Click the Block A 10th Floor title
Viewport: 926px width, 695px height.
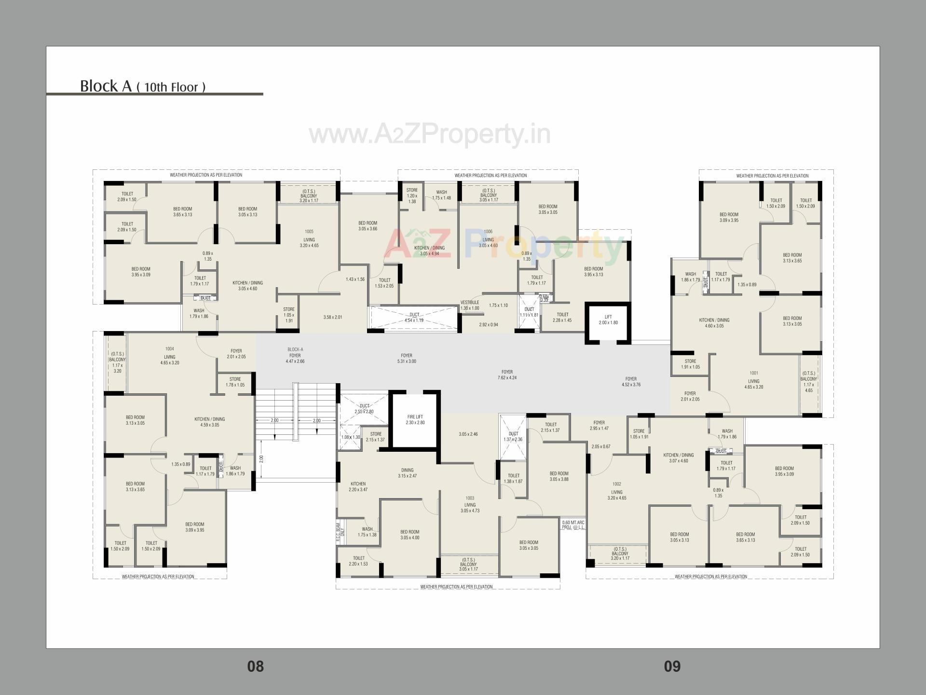[x=143, y=86]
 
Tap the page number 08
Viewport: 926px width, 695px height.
[x=255, y=667]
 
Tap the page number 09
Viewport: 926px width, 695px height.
[x=672, y=667]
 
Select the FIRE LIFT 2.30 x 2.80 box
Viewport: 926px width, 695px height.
[x=415, y=419]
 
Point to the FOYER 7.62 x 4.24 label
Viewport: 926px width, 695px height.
[x=507, y=375]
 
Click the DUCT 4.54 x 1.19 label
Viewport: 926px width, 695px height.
[x=414, y=318]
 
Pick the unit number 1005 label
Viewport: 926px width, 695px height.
[x=309, y=232]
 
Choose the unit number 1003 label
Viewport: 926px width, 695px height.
[x=470, y=498]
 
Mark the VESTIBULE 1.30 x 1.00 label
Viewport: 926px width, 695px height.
[x=470, y=306]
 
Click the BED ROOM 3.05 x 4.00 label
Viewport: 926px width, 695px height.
[x=410, y=535]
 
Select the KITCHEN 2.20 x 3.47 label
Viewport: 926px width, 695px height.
[x=358, y=486]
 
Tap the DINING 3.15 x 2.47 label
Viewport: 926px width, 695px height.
[x=407, y=473]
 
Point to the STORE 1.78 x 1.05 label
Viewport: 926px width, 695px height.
[x=235, y=382]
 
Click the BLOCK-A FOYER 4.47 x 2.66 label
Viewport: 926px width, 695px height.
[x=295, y=355]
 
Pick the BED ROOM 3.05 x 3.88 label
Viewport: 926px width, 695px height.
[x=559, y=476]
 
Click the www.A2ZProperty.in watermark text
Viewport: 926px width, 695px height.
[x=429, y=134]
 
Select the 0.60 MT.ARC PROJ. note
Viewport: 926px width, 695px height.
[x=573, y=525]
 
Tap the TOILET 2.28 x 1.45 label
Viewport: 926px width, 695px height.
[x=562, y=318]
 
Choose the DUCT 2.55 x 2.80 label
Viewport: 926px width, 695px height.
[x=364, y=409]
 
